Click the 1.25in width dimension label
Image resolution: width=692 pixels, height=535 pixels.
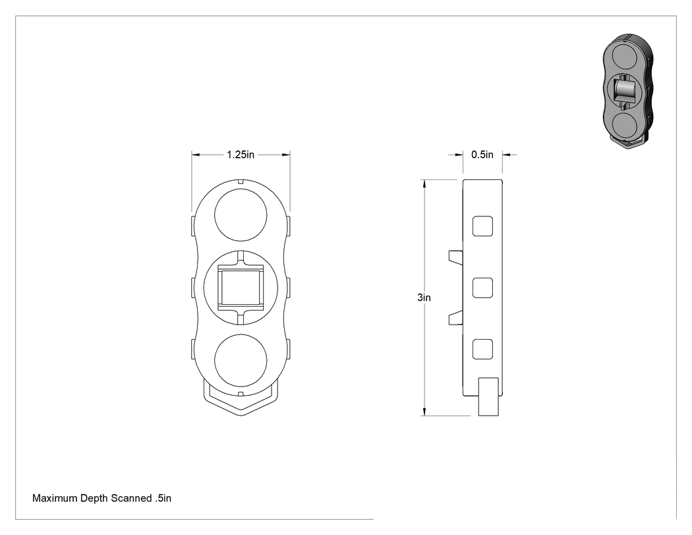pos(241,154)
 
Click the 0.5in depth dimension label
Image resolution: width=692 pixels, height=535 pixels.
pos(482,154)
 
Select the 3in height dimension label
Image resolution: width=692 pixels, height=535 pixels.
pos(424,298)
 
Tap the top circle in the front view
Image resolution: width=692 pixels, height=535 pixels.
pos(241,215)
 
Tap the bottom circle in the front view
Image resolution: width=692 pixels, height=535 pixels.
pos(241,360)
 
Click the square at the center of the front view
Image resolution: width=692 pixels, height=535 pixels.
pos(241,288)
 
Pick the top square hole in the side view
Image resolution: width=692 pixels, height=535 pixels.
pos(482,226)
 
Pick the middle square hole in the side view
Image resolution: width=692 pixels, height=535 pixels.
pos(482,288)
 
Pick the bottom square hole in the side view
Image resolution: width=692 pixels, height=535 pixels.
pos(482,349)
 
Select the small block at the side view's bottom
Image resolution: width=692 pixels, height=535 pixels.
pos(488,396)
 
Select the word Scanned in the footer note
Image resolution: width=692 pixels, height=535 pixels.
pos(131,498)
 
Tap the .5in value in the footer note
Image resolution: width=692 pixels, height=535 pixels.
pos(163,498)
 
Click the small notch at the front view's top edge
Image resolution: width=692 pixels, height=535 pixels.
pos(241,181)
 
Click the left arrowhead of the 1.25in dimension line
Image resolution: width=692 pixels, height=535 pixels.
pos(196,154)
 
